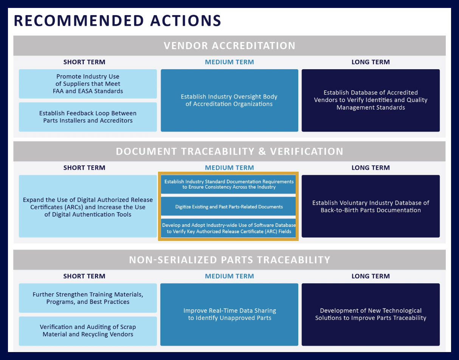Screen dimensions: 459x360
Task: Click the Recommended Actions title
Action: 118,21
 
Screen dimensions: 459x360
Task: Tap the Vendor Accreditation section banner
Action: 229,46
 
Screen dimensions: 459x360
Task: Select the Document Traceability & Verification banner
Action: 229,152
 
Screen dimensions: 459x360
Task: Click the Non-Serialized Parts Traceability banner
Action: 229,260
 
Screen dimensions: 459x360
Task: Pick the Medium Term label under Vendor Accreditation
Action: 229,62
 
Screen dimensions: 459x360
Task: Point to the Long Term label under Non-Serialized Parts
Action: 371,276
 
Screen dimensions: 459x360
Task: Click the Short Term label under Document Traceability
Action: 84,168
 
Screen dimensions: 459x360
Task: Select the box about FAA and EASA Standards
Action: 88,84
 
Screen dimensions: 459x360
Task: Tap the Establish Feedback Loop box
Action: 88,117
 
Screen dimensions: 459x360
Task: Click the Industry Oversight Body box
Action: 229,101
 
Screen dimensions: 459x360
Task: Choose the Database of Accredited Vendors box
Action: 371,101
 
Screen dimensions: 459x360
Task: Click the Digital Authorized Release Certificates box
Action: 88,206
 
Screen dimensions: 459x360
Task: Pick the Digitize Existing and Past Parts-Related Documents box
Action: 228,206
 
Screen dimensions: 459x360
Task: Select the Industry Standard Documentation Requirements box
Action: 228,184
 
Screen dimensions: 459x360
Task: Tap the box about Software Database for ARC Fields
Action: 228,228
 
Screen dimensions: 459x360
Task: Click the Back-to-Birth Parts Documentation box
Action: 371,206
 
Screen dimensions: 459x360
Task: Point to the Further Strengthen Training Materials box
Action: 88,298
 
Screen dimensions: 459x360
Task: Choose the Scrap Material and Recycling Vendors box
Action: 88,331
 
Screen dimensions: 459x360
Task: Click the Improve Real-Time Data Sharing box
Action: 229,315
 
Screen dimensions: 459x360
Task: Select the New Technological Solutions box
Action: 371,315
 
